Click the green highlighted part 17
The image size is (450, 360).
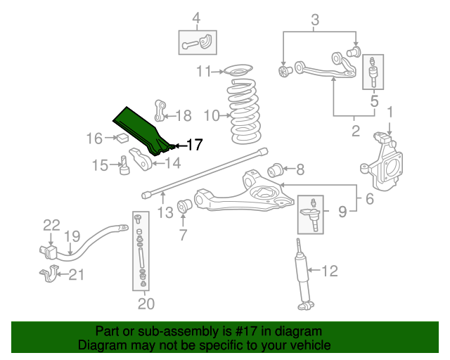click(145, 131)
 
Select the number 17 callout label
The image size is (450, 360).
click(193, 146)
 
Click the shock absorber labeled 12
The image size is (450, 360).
click(304, 275)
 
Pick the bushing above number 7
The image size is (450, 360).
click(187, 207)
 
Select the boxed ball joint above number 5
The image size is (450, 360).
click(373, 73)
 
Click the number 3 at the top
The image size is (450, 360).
click(315, 19)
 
